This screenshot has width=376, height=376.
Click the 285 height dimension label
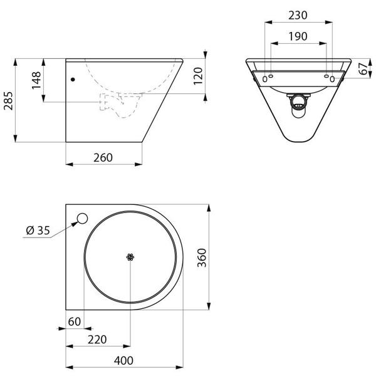pyautogui.click(x=8, y=101)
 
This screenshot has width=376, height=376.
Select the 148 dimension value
pyautogui.click(x=37, y=80)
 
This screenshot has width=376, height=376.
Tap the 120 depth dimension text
pyautogui.click(x=198, y=76)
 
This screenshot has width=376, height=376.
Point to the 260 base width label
pyautogui.click(x=103, y=157)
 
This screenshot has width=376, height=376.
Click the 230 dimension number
pyautogui.click(x=298, y=15)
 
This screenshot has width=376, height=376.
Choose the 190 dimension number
pyautogui.click(x=298, y=36)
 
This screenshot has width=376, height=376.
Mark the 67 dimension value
pyautogui.click(x=363, y=69)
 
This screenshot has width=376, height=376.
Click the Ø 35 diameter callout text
pyautogui.click(x=38, y=231)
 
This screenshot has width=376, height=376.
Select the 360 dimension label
pyautogui.click(x=202, y=258)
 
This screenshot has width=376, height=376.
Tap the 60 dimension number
pyautogui.click(x=75, y=321)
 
